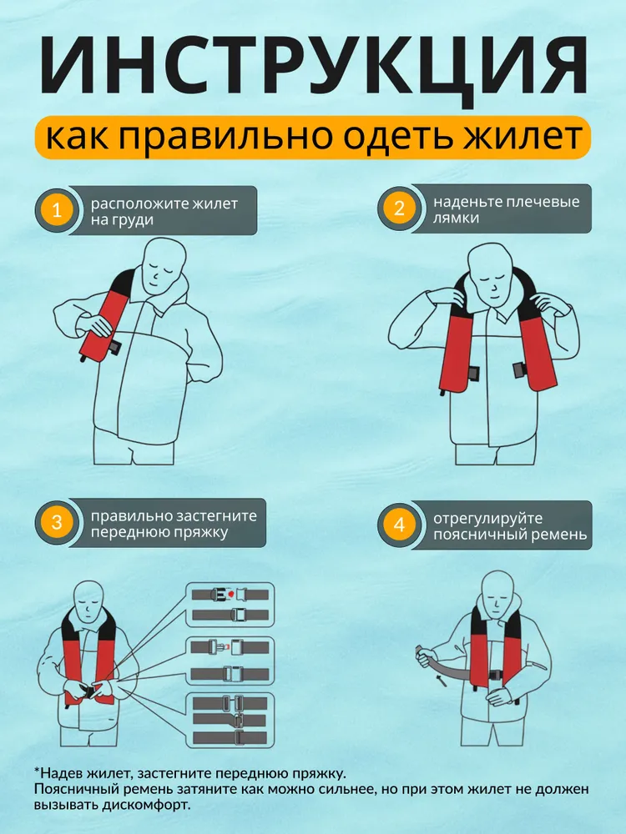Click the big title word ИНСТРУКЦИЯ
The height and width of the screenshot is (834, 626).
tap(313, 67)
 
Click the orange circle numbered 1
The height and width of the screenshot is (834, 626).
tap(57, 210)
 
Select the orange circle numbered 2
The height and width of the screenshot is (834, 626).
tap(399, 208)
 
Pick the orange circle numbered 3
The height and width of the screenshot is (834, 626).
tap(57, 522)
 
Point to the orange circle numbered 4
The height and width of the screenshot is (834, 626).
tap(399, 525)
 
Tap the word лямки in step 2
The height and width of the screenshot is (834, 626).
tap(455, 218)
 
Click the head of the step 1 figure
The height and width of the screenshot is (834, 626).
tap(165, 264)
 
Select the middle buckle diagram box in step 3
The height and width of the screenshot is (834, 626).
tap(230, 661)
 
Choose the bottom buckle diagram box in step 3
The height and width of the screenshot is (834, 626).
tap(230, 720)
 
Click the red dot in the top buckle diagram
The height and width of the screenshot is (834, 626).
tap(230, 592)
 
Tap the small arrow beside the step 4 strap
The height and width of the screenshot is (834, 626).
tap(441, 681)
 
